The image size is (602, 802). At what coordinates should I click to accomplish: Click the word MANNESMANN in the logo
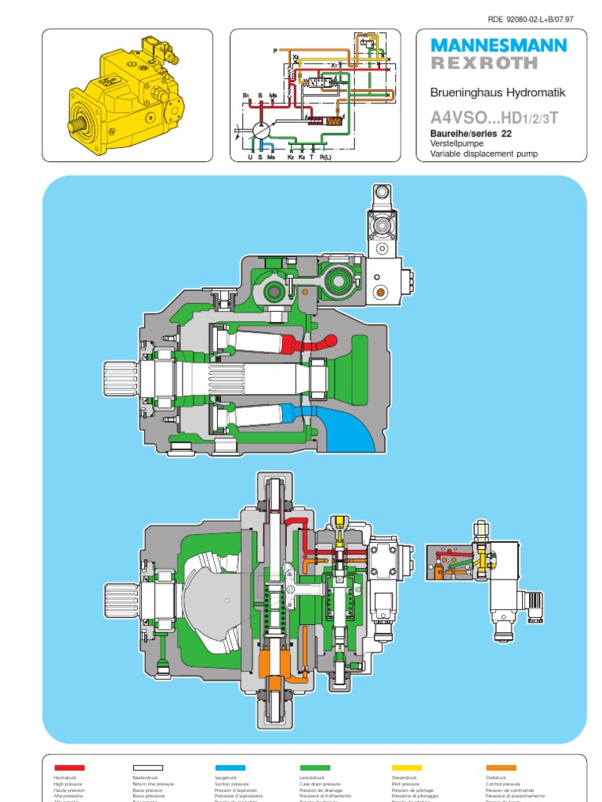click(498, 46)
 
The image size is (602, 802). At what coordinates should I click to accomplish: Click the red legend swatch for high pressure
click(69, 768)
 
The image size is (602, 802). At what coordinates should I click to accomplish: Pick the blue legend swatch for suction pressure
click(230, 768)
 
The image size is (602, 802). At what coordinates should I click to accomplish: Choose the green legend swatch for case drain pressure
click(315, 768)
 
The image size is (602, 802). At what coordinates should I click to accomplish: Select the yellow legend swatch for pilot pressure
click(407, 768)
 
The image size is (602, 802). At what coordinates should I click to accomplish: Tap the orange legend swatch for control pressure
click(501, 768)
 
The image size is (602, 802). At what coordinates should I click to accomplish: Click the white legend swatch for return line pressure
click(147, 768)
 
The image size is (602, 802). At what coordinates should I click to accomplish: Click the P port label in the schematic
click(275, 50)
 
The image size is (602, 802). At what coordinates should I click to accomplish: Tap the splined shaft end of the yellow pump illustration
click(76, 124)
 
